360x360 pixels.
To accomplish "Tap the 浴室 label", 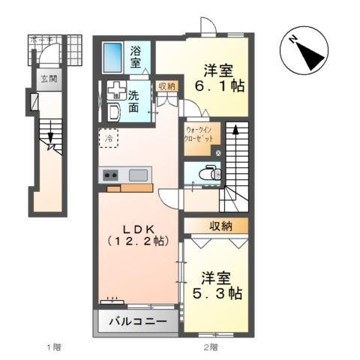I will pyautogui.click(x=136, y=58).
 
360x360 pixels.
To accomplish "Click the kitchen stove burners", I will pyautogui.click(x=110, y=175).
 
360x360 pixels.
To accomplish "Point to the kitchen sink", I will pyautogui.click(x=138, y=175).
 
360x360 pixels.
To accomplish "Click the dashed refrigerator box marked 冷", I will pyautogui.click(x=108, y=139).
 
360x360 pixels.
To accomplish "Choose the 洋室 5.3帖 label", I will pyautogui.click(x=215, y=285).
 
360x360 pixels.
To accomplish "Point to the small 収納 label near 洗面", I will pyautogui.click(x=166, y=86).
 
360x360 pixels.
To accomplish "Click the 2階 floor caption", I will pyautogui.click(x=210, y=347).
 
